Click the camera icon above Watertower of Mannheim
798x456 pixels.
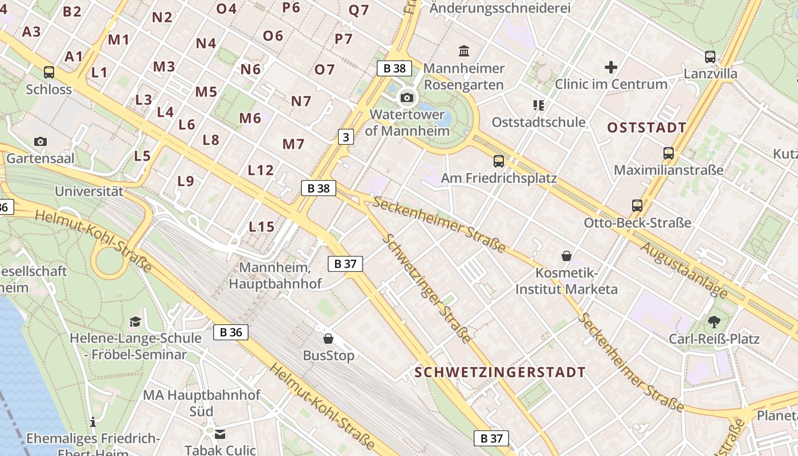[407, 97]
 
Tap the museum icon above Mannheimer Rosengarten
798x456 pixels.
[464, 51]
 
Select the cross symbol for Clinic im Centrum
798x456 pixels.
[611, 67]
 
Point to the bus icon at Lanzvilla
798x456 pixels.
[710, 57]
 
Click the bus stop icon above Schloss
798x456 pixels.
[49, 72]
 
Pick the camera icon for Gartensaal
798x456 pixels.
[40, 141]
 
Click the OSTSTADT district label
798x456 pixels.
[646, 128]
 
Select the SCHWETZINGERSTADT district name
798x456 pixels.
[500, 373]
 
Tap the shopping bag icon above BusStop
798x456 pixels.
[328, 339]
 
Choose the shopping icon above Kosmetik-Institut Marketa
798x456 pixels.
[567, 256]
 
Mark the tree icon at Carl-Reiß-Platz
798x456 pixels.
[714, 322]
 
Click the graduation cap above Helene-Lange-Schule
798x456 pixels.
[135, 322]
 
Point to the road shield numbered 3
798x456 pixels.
[345, 137]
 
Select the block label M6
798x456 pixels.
[250, 119]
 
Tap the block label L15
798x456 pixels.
[262, 227]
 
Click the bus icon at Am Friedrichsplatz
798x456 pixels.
[499, 161]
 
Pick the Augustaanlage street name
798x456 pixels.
[684, 270]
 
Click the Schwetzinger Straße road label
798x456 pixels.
[426, 288]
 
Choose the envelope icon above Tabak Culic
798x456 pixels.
[220, 435]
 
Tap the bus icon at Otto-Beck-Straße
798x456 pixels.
[637, 206]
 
